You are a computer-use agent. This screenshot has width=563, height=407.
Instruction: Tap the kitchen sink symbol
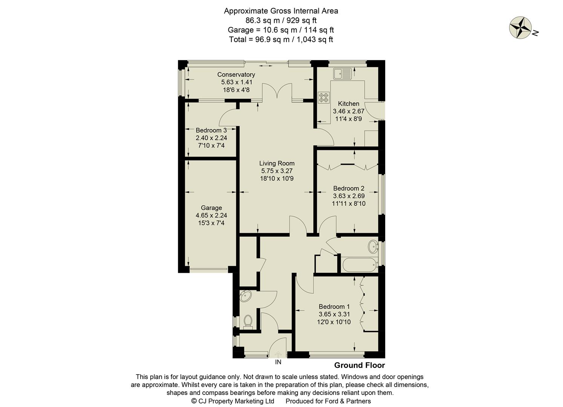[342, 73]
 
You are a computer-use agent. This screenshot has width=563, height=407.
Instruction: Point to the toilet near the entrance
[248, 321]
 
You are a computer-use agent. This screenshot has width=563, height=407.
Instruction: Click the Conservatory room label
[236, 75]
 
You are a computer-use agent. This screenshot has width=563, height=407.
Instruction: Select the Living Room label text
[277, 163]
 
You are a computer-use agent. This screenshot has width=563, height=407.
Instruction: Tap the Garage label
[211, 208]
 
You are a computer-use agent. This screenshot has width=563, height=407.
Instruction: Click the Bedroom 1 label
[334, 306]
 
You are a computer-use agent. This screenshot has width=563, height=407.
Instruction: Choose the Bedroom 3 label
[211, 130]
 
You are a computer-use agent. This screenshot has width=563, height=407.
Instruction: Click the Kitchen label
[349, 104]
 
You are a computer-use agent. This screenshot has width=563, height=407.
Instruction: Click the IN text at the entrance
[278, 362]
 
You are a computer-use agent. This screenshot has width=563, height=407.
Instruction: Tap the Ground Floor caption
[360, 365]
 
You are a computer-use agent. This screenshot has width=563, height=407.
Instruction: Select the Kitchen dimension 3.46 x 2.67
[349, 111]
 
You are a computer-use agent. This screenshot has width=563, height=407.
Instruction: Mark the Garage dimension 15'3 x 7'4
[211, 223]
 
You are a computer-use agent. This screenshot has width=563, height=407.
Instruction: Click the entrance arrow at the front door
[278, 354]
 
